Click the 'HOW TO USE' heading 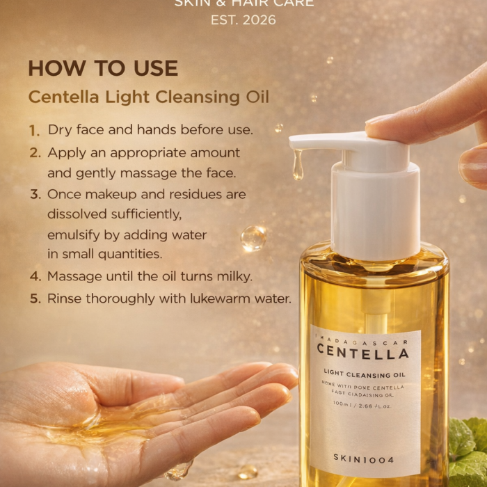point(103,68)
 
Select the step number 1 point(35,130)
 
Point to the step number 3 point(35,195)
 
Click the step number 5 point(35,298)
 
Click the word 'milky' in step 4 point(234,276)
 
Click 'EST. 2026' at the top point(243,19)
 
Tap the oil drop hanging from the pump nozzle point(298,167)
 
